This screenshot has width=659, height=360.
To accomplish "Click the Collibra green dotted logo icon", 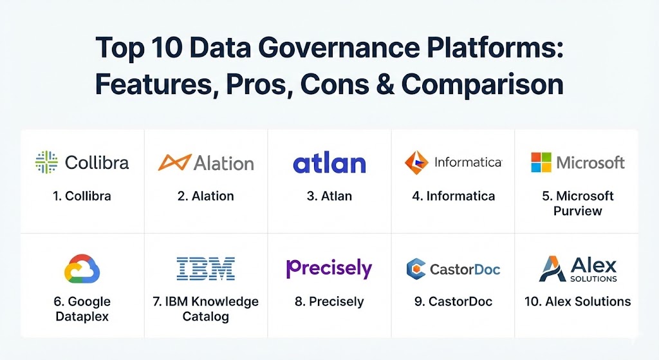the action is pos(46,162).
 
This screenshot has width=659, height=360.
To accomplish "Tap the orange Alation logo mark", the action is pos(175,162).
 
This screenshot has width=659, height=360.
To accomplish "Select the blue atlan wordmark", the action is pos(329,164).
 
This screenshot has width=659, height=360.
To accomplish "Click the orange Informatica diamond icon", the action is pos(416,162).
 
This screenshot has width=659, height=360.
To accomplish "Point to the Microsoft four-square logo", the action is pos(541,162).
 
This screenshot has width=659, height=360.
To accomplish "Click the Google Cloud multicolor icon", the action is pos(82,269).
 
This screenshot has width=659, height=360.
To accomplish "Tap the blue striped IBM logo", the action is pos(205,269).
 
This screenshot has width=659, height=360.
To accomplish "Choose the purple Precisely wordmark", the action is pos(329,269).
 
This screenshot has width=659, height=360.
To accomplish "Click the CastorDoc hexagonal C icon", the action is pos(416,269).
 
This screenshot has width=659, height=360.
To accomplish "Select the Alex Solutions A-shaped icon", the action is pos(552,269).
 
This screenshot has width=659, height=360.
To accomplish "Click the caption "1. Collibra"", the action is pos(82,196).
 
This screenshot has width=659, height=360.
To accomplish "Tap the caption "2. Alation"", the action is pos(205,196).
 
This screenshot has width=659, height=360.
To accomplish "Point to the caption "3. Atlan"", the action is pos(329,196).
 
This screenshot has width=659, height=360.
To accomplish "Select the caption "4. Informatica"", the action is pos(454,196).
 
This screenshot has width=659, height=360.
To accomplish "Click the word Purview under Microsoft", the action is pos(577,211).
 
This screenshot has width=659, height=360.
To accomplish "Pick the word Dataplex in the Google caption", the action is pos(82,316).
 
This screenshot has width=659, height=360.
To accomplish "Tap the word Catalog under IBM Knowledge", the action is pos(205,316).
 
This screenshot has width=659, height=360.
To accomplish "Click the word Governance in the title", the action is pos(339,48).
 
